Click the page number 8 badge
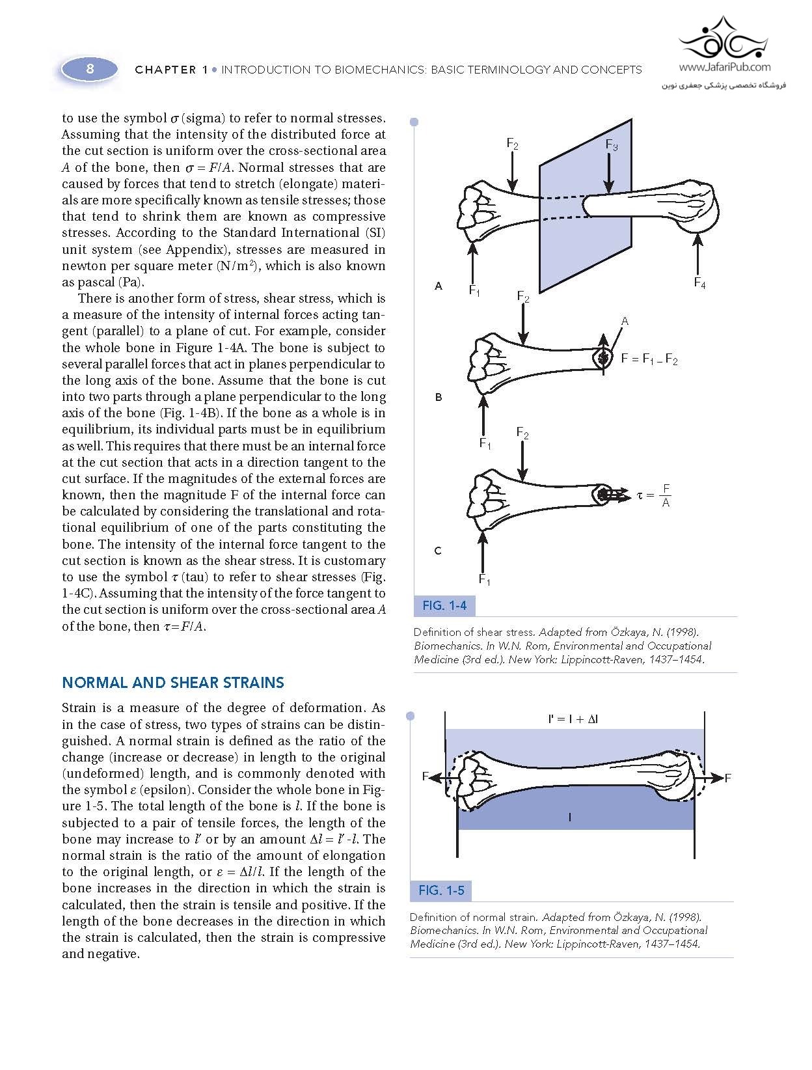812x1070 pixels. point(90,68)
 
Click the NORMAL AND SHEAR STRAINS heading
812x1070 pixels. point(173,683)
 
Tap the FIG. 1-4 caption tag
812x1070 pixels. point(444,606)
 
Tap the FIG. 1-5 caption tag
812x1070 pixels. point(441,890)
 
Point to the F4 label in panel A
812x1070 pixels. point(699,282)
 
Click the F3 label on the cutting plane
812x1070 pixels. point(612,144)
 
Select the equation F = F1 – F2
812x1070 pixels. point(649,359)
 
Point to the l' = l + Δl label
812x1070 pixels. point(573,719)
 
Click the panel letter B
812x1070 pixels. point(439,397)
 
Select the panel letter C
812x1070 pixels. point(438,551)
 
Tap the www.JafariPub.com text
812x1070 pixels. point(724,66)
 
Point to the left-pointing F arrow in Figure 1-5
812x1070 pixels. point(435,777)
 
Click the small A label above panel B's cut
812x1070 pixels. point(625,321)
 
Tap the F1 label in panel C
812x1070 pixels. point(484,579)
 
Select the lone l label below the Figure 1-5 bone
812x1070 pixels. point(570,817)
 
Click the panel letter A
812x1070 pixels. point(439,286)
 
